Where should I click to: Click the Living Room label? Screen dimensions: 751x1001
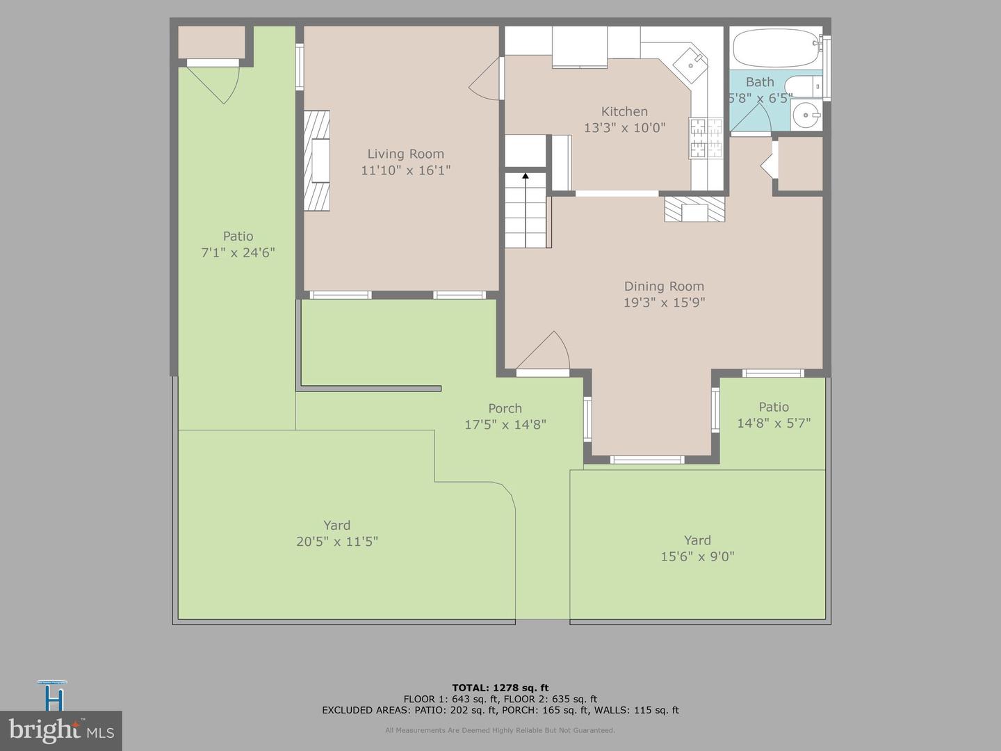405,154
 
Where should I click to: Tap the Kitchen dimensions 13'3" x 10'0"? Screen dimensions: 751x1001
624,128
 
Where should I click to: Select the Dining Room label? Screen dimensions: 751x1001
664,286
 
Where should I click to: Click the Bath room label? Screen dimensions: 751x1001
760,82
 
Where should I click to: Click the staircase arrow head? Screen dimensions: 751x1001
526,177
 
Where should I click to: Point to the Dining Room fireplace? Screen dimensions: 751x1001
694,209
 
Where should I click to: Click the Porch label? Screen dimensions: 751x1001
505,408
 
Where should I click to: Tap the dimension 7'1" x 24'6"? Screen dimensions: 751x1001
238,252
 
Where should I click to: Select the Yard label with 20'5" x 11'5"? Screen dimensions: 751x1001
336,525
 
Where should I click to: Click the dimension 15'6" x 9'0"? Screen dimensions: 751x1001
697,556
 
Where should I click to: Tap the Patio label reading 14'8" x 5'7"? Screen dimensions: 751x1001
774,407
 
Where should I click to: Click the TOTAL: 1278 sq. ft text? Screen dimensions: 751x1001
500,688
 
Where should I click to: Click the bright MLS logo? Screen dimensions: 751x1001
61,730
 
